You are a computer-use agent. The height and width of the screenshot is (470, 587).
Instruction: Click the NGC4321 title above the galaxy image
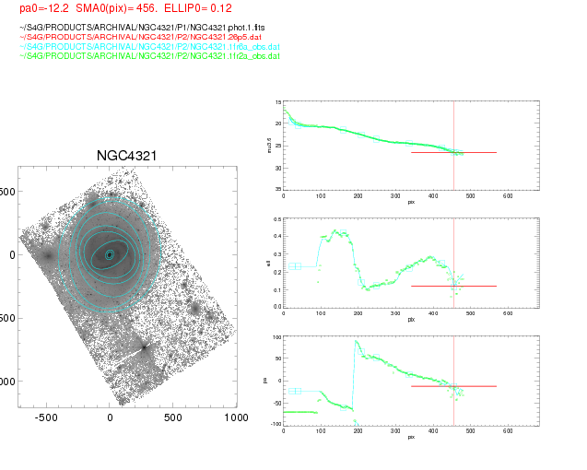126,156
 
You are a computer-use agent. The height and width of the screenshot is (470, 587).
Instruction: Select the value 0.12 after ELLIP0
228,8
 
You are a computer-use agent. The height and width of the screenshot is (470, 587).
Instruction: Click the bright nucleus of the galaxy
109,254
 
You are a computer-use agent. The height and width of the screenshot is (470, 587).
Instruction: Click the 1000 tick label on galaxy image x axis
237,417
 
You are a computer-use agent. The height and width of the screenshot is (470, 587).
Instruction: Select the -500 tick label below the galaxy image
47,417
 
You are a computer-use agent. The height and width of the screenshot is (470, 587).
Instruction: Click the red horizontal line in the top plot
453,153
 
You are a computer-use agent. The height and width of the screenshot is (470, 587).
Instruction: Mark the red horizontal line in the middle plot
453,286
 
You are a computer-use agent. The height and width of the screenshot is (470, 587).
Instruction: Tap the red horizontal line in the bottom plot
453,386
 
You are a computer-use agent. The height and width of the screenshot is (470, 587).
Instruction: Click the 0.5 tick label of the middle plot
276,221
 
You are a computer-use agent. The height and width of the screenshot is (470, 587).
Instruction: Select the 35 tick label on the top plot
277,189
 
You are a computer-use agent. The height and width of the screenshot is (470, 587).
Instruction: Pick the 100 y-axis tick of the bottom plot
276,337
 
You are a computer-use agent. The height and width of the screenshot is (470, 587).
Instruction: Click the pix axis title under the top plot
411,201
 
